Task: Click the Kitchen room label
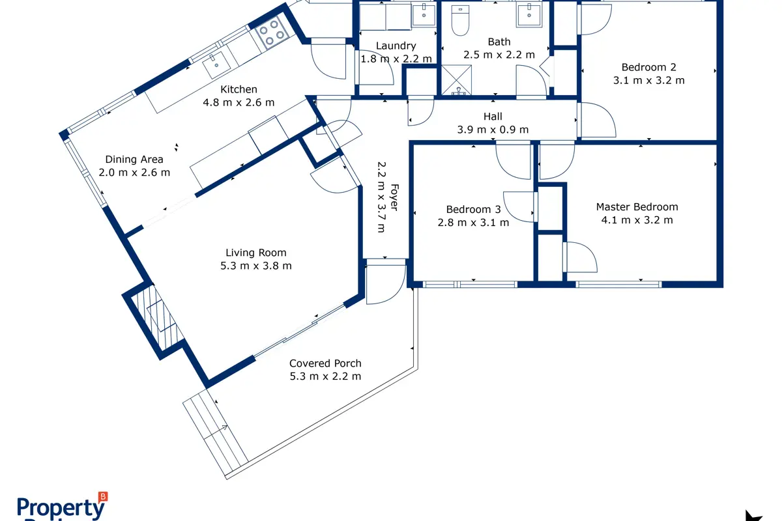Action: coord(239,89)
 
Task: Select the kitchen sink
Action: coord(216,65)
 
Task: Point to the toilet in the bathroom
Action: coord(460,20)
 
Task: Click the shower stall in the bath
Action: coord(456,80)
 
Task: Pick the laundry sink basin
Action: coord(424,15)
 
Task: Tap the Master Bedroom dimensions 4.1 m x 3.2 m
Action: coord(637,220)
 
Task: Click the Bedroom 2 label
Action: coord(648,67)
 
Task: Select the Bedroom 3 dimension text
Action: coord(473,223)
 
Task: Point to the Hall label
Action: coord(493,116)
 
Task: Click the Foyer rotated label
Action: coord(394,197)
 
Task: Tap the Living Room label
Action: coord(256,253)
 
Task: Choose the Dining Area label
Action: coord(134,160)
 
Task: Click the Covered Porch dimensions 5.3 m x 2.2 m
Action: coord(325,376)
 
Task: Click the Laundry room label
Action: coord(396,46)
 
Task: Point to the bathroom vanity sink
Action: coord(529,15)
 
